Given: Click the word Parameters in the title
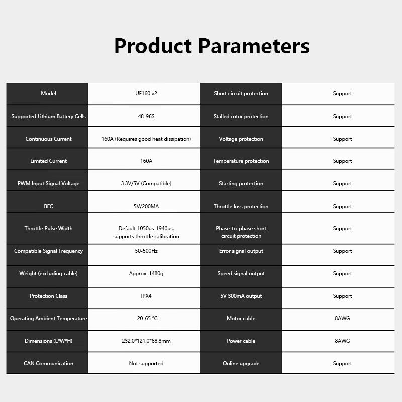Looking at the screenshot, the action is (254, 46).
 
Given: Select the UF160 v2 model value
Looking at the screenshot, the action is (146, 93).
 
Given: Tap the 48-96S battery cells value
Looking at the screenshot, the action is (146, 116).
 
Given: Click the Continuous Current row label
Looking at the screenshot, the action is (48, 139).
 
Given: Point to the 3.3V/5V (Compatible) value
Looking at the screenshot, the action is (146, 183).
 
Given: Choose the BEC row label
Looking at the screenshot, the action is (48, 206).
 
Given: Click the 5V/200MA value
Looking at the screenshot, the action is (146, 206).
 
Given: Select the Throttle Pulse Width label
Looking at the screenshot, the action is (48, 228).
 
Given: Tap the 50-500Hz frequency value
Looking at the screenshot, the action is (146, 251).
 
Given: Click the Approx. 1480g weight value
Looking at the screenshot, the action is (146, 273).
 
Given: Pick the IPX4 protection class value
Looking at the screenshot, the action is (146, 296).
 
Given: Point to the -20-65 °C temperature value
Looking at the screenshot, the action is (146, 318).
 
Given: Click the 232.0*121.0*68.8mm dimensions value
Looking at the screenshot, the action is (146, 341).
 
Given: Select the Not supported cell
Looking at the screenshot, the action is (146, 363).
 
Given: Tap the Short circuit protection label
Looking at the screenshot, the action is (241, 93).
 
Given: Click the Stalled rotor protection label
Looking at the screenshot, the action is (241, 116).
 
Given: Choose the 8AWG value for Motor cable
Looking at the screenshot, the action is (342, 318).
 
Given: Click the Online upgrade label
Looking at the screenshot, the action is (241, 363).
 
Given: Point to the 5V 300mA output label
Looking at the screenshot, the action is (241, 296).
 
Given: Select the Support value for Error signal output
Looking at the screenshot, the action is (342, 251).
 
